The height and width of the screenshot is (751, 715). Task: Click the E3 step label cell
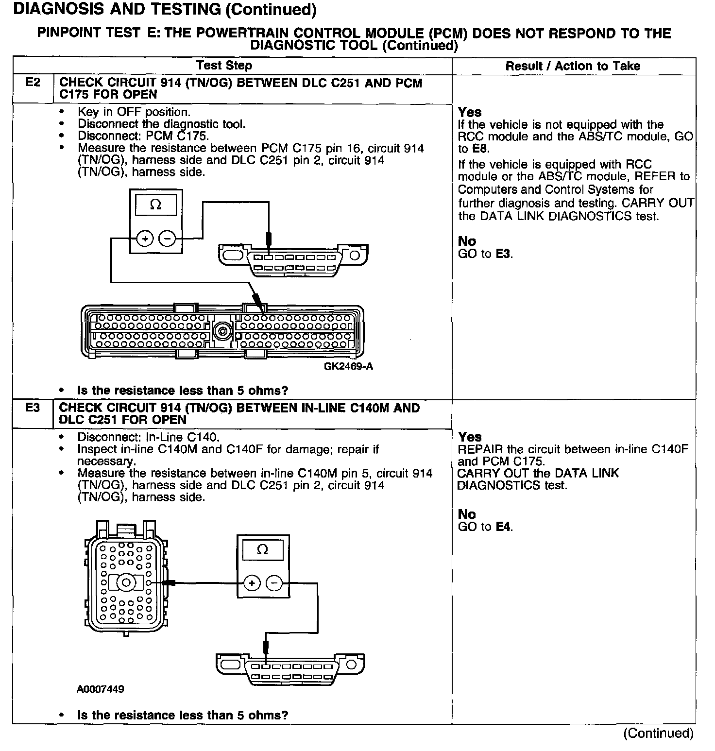33,408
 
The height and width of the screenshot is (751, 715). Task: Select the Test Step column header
224,66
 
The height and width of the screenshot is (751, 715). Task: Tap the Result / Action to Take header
573,66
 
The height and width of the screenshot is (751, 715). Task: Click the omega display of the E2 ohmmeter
156,205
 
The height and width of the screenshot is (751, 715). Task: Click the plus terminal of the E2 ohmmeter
145,238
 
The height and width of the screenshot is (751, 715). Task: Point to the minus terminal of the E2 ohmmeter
167,238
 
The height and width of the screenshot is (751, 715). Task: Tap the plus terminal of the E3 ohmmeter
252,583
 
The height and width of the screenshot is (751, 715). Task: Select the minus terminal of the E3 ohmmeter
274,583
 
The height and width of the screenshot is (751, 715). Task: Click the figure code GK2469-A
348,366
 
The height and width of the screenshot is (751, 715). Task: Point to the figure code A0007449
100,689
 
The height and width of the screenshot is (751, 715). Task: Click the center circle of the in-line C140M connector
126,582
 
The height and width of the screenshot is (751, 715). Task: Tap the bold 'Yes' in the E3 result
469,437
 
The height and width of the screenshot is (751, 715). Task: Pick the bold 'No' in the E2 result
467,241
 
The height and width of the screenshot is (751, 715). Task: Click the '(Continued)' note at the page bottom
658,733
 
